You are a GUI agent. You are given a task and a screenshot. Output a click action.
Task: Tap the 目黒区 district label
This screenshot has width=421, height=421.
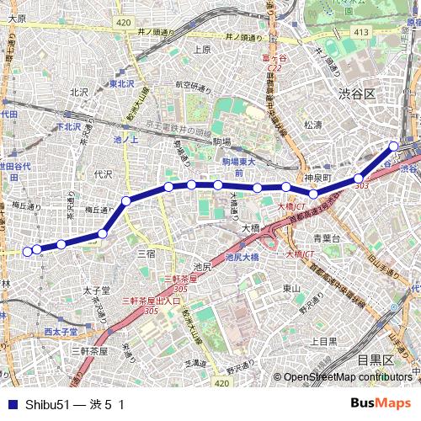point(374,360)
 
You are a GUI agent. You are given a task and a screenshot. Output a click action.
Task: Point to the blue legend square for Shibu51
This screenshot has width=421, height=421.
point(10,404)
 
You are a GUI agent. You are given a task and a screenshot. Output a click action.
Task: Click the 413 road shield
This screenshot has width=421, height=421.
point(361,32)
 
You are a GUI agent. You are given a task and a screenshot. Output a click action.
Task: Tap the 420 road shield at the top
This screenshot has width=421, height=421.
point(124,22)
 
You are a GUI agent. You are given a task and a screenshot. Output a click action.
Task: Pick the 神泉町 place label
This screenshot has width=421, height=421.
point(320,178)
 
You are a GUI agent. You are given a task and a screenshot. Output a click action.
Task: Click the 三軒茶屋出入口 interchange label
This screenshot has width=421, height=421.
point(152,301)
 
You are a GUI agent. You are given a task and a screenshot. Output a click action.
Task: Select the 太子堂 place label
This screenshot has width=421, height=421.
point(97,290)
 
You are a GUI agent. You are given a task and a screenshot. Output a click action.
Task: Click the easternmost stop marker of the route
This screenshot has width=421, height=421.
point(393,147)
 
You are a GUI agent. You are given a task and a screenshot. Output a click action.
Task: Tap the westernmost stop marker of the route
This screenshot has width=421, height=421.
point(27,251)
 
